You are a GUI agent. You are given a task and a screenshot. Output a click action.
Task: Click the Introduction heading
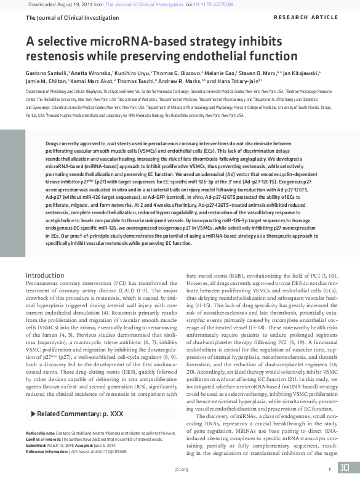point(44,275)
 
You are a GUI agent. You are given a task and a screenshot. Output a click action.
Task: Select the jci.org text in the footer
point(181,469)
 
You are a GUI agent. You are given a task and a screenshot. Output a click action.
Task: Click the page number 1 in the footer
point(330,469)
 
